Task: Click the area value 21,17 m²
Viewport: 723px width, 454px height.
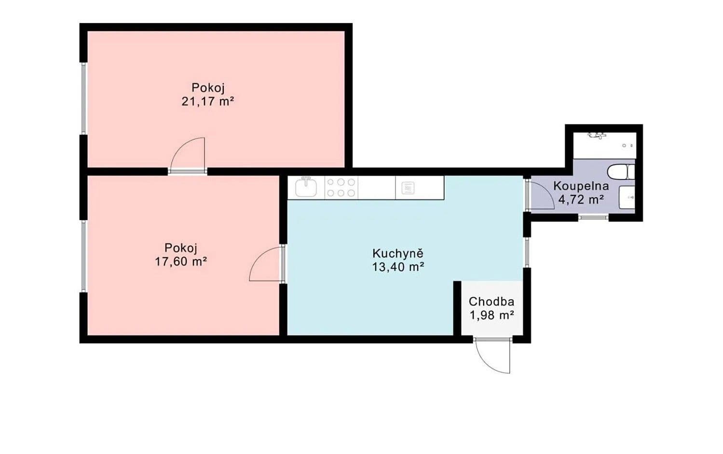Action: (207, 102)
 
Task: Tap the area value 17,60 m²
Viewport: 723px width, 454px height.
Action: (180, 262)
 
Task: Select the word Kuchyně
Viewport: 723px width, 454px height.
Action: (397, 253)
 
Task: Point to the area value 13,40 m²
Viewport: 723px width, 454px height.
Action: (397, 267)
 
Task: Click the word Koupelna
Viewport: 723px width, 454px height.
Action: (581, 186)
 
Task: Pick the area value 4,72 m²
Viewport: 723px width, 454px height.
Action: (581, 199)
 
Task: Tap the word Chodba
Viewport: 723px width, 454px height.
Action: (491, 302)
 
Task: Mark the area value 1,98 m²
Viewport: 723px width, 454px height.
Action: (491, 316)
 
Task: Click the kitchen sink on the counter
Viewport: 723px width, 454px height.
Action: (306, 187)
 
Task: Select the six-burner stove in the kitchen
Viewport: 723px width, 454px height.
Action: (341, 188)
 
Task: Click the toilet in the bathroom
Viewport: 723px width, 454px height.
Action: (621, 172)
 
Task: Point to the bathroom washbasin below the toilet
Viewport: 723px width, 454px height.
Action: (627, 197)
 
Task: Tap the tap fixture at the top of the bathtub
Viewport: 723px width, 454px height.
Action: (598, 136)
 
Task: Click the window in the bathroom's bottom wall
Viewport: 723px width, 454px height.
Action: (593, 218)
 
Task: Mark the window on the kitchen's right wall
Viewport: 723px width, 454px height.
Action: (527, 252)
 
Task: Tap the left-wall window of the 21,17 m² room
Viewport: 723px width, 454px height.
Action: (83, 98)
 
